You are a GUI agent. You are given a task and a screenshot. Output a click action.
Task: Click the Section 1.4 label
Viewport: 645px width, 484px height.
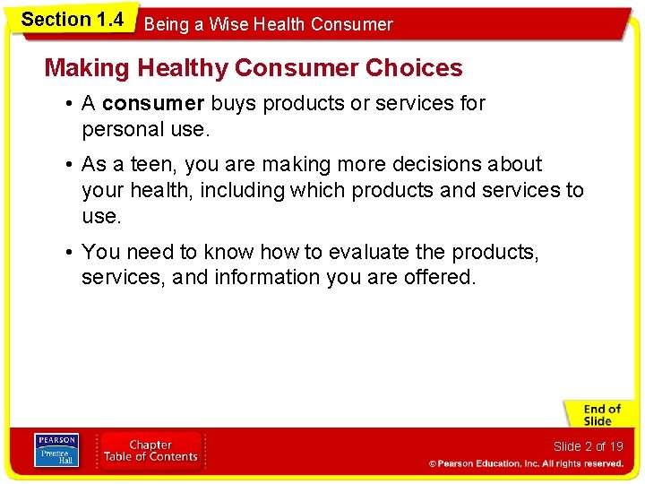pos(72,20)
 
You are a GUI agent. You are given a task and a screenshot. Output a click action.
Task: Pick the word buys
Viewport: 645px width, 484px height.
pos(233,103)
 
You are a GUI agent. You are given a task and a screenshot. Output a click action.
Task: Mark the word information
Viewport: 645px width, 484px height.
pos(268,278)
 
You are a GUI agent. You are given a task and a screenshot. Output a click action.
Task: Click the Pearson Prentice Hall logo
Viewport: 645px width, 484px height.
pos(56,449)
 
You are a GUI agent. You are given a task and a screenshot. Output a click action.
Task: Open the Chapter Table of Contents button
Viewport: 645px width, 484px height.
pos(150,450)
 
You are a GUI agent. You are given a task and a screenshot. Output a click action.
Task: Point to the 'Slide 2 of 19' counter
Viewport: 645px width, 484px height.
pos(588,446)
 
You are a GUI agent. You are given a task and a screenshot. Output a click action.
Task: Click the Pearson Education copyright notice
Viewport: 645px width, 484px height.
pos(526,463)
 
